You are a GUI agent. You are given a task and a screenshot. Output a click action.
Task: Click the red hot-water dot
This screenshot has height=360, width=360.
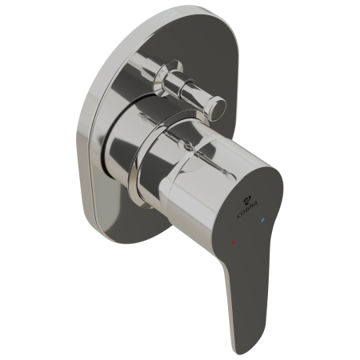234,242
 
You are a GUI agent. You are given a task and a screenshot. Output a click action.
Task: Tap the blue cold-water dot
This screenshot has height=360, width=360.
263,220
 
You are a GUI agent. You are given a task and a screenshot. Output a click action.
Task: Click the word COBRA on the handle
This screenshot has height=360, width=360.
247,209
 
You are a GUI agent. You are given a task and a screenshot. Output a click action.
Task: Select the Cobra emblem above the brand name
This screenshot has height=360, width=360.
246,198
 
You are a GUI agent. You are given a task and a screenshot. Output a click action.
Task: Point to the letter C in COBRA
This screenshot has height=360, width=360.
239,215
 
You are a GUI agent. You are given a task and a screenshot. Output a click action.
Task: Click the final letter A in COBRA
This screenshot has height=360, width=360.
255,204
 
